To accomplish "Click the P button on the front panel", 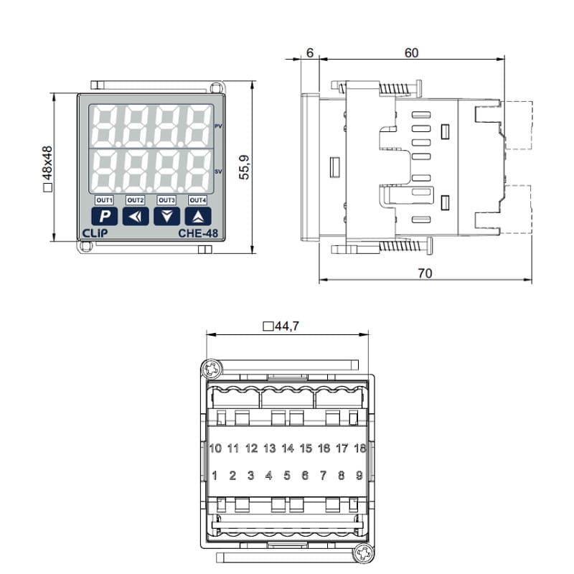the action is (104, 216).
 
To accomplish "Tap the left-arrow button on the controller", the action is (136, 216).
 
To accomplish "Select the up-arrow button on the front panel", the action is (198, 216).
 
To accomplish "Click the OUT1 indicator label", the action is (104, 200).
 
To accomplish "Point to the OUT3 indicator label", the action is (166, 200).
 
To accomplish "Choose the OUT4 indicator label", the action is (198, 200).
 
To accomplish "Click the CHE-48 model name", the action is (198, 234).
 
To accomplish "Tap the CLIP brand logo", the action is (95, 234).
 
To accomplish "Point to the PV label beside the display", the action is (218, 126).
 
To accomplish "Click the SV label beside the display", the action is (218, 171).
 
